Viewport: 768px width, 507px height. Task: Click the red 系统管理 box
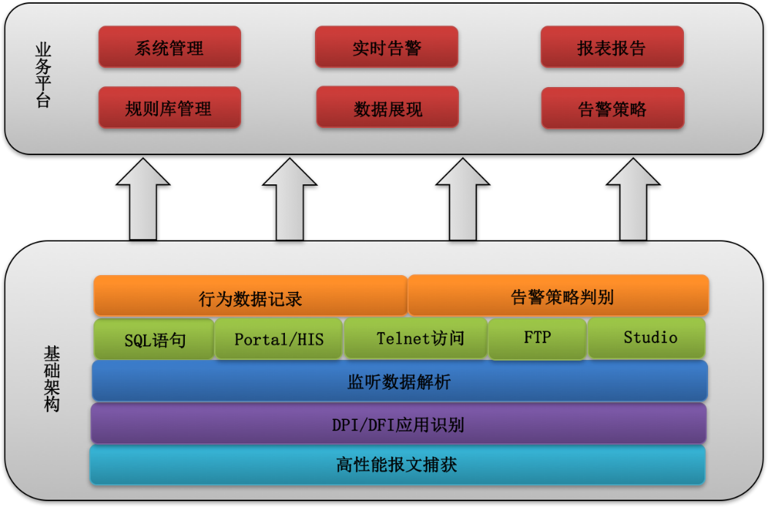click(170, 48)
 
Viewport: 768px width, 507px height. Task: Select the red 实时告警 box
click(387, 48)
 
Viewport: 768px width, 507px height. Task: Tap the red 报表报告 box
click(612, 48)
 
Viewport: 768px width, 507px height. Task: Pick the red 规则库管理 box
click(169, 108)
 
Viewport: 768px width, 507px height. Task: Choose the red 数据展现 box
click(387, 108)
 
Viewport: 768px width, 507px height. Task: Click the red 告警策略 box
click(612, 108)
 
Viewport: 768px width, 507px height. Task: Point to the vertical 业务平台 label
click(43, 75)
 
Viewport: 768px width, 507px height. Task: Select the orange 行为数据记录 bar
click(250, 296)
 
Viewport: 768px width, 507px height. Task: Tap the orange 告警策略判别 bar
click(558, 296)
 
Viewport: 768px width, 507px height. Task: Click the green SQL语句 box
click(154, 339)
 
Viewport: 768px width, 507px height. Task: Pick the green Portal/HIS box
click(278, 339)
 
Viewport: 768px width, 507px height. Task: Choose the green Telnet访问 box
click(416, 338)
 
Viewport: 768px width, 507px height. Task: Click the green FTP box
click(537, 338)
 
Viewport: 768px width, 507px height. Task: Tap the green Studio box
click(647, 337)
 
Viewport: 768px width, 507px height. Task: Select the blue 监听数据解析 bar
click(399, 381)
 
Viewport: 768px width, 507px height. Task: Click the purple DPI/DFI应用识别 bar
click(398, 424)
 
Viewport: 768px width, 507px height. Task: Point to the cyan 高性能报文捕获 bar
click(397, 465)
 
